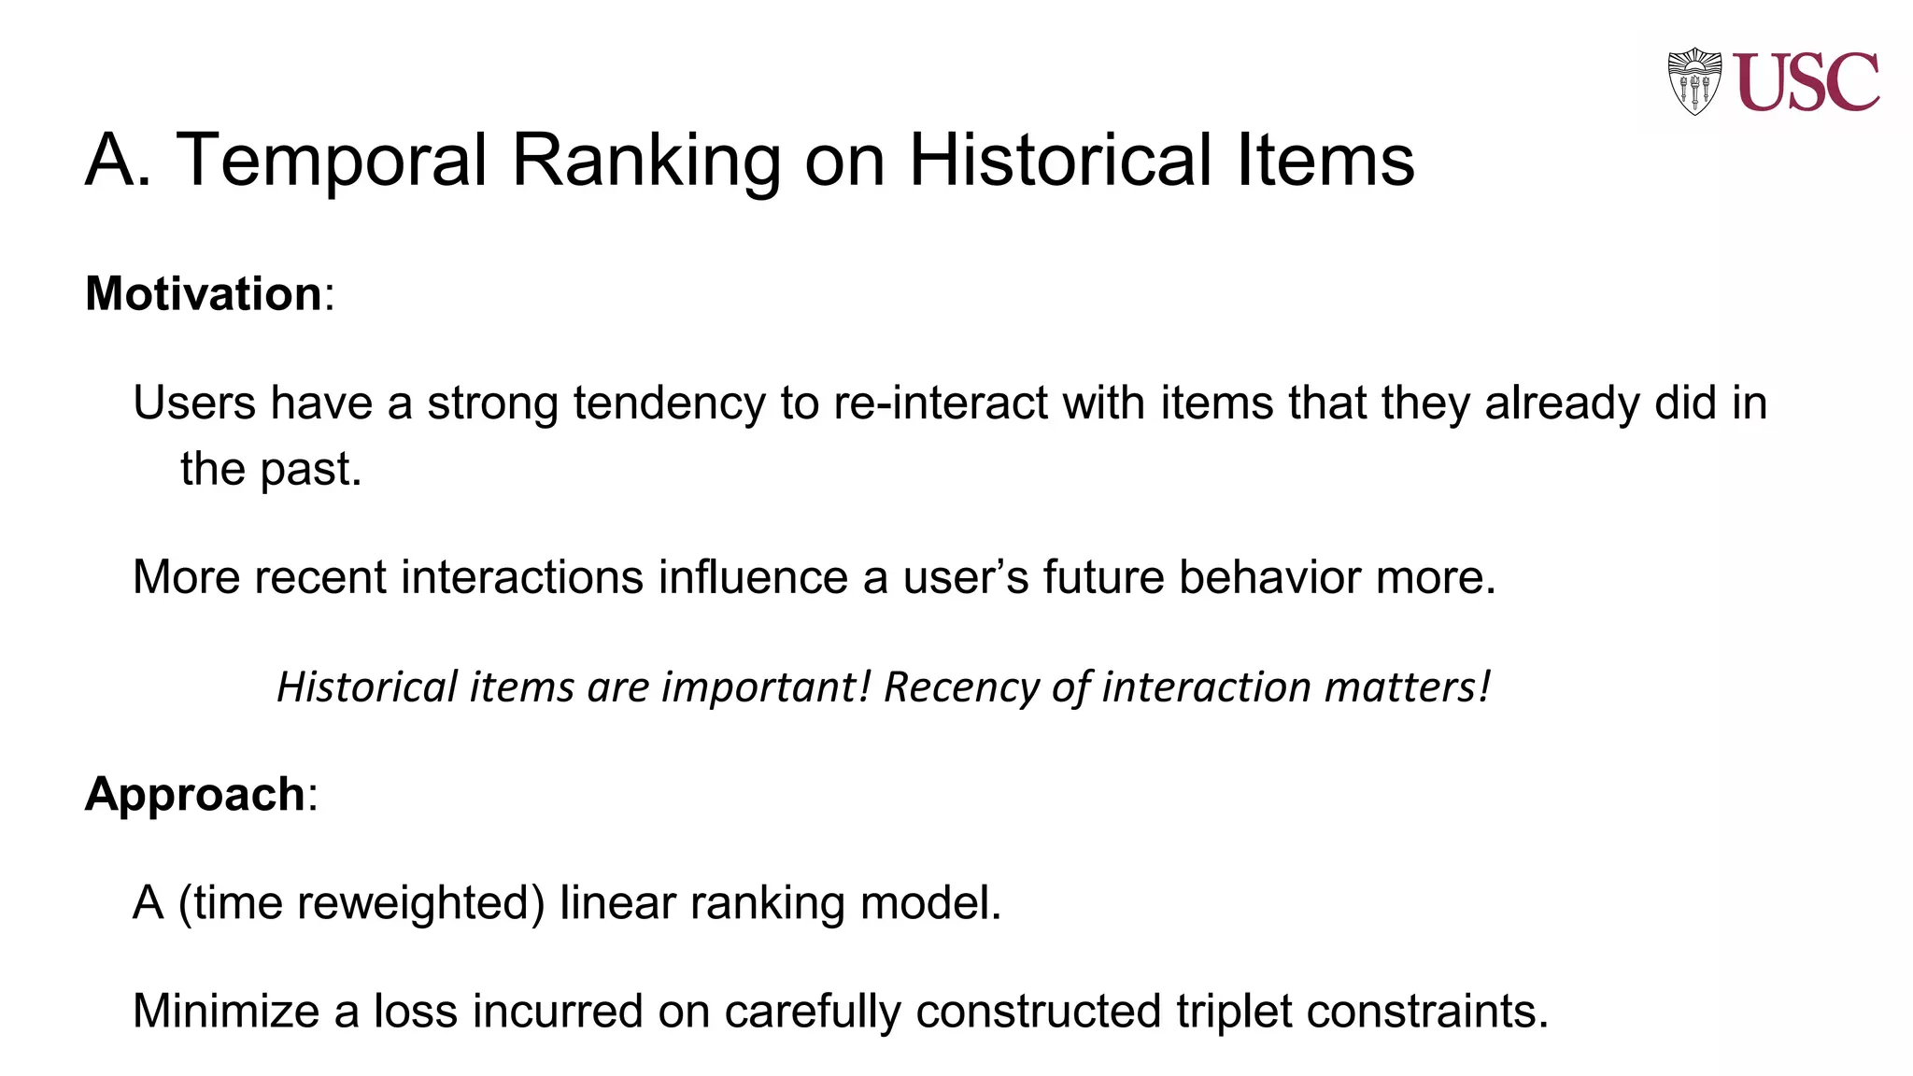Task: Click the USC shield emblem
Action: (1693, 81)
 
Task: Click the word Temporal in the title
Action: (332, 161)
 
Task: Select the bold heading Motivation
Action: (204, 293)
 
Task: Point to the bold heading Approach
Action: (194, 794)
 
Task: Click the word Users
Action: (194, 403)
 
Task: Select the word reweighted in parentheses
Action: (414, 904)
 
